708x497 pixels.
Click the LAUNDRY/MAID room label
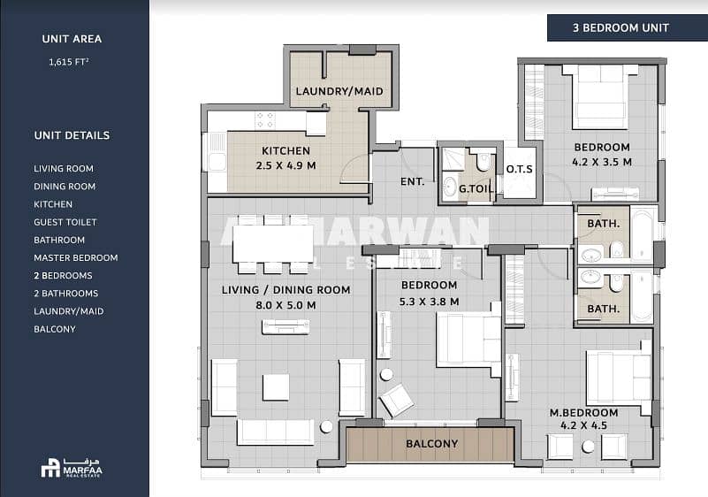pyautogui.click(x=339, y=91)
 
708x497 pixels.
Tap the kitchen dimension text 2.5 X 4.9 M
pyautogui.click(x=285, y=166)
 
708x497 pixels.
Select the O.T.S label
pyautogui.click(x=519, y=169)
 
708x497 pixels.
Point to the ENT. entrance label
pyautogui.click(x=412, y=181)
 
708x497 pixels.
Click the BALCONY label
pyautogui.click(x=431, y=444)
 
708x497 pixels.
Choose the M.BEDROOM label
pyautogui.click(x=584, y=412)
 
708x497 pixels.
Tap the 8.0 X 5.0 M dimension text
pyautogui.click(x=285, y=305)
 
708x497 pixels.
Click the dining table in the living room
pyautogui.click(x=273, y=244)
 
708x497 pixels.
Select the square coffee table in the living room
pyautogui.click(x=276, y=387)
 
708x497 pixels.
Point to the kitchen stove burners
pyautogui.click(x=264, y=119)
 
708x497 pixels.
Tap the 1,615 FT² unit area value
pyautogui.click(x=69, y=62)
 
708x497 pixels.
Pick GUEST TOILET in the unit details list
pyautogui.click(x=65, y=222)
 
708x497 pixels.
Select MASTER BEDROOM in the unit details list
pyautogui.click(x=75, y=257)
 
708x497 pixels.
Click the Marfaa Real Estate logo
pyautogui.click(x=72, y=468)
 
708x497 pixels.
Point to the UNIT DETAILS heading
pyautogui.click(x=72, y=135)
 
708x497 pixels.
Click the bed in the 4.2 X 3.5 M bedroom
pyautogui.click(x=600, y=96)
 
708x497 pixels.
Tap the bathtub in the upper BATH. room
pyautogui.click(x=643, y=233)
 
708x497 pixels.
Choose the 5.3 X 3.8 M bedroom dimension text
pyautogui.click(x=429, y=302)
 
